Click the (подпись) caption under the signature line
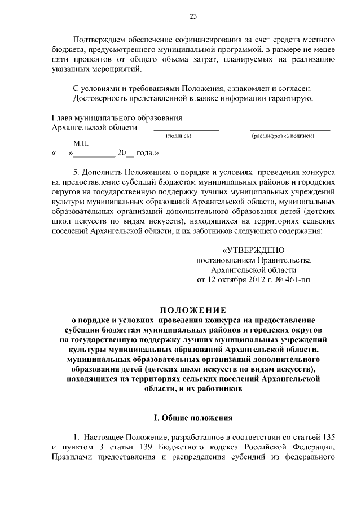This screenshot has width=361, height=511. point(179,137)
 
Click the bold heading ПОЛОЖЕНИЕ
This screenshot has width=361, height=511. point(192,309)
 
